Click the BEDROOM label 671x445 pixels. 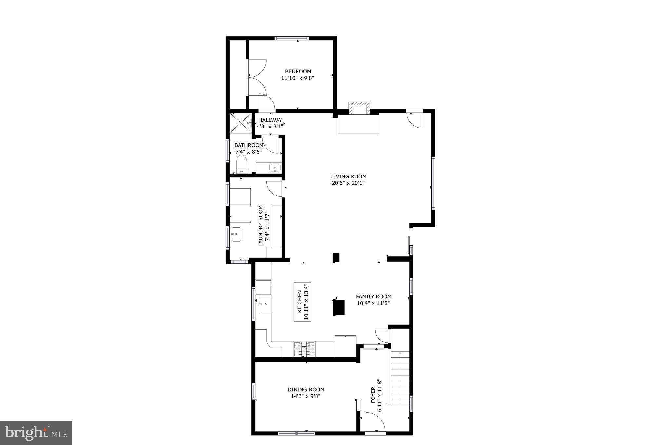(298, 71)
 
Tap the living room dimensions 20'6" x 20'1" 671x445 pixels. (348, 183)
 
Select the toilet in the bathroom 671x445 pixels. (241, 164)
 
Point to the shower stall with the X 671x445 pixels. (240, 123)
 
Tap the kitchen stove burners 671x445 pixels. (304, 349)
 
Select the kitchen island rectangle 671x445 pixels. (302, 302)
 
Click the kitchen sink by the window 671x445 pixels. (265, 304)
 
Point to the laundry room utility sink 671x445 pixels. (236, 234)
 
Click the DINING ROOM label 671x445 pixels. (306, 390)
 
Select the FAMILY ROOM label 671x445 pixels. (374, 297)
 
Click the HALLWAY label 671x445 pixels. (270, 120)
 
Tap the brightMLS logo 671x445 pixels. (36, 433)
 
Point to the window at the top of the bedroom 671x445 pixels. (291, 38)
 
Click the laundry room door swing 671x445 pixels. (275, 189)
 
